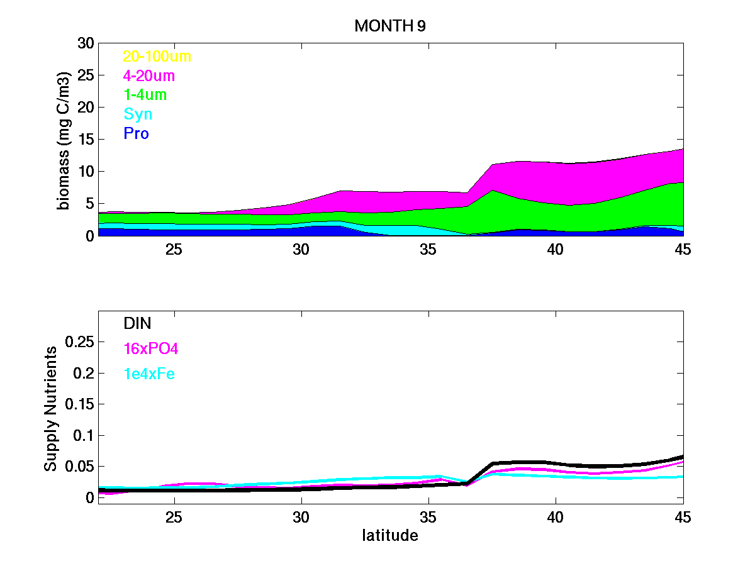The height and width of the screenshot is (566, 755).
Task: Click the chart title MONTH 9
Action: [x=391, y=26]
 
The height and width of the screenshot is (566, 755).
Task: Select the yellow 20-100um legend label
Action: [x=157, y=57]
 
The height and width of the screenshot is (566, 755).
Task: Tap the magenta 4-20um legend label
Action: [x=149, y=76]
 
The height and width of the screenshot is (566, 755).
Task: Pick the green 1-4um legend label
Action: [x=145, y=95]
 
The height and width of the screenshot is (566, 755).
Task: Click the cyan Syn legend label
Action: [x=138, y=114]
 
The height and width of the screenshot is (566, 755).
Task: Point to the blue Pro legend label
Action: [x=136, y=134]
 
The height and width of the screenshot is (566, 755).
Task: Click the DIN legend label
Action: [x=137, y=323]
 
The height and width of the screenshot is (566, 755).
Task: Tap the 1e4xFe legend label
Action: [x=148, y=374]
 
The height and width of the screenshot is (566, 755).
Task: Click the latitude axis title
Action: [x=390, y=536]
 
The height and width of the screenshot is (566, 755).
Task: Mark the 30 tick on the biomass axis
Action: [x=85, y=43]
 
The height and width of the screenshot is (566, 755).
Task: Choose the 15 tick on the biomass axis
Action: [x=85, y=140]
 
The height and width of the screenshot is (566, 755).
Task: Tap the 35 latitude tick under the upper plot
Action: [x=428, y=250]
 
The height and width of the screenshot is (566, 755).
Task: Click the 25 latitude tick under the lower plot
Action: [x=174, y=518]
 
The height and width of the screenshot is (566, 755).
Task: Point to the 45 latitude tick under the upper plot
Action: [x=682, y=250]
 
